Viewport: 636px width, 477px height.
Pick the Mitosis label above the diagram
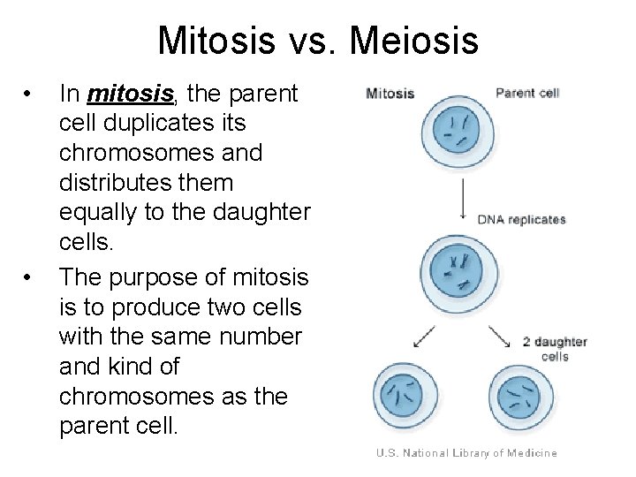[x=390, y=93]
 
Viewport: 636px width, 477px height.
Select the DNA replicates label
[x=522, y=219]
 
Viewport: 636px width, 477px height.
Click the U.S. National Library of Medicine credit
[x=466, y=453]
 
